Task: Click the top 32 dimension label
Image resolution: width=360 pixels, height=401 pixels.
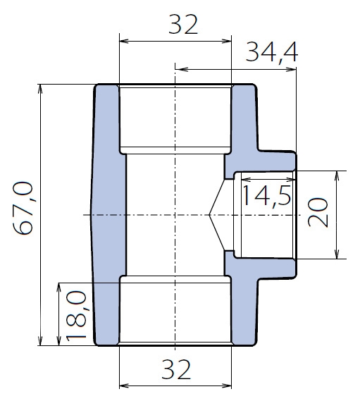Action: click(x=183, y=25)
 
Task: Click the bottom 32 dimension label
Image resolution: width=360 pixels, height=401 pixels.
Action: click(x=176, y=369)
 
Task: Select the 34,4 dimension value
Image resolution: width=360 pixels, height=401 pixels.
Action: click(x=271, y=52)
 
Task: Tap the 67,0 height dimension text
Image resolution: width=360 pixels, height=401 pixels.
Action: click(x=23, y=208)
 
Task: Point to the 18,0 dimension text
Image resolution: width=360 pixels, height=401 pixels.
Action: click(x=76, y=316)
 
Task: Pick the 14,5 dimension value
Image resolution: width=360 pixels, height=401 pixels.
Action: click(x=266, y=196)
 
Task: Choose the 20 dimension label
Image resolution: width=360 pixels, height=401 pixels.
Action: click(x=318, y=213)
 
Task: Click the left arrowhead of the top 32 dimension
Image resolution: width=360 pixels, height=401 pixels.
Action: click(x=124, y=41)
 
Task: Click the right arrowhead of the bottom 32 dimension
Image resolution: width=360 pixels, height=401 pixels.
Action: click(x=227, y=385)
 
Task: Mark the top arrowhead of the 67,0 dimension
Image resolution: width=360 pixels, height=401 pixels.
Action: click(x=40, y=89)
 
